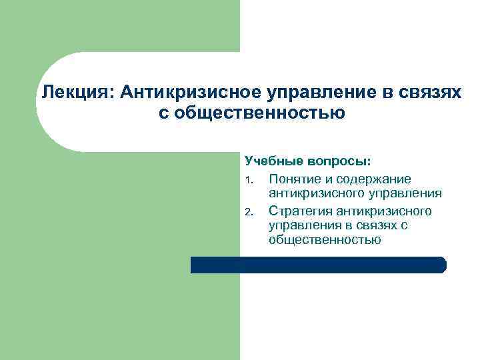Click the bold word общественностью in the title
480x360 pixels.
(262, 113)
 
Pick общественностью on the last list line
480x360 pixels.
(325, 241)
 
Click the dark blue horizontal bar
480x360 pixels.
(318, 265)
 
